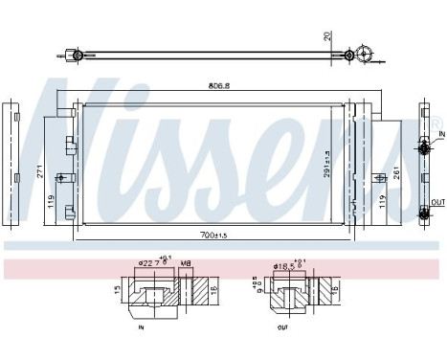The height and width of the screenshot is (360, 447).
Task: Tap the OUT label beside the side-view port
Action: pos(436,202)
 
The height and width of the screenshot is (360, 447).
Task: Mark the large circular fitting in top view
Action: pos(364,56)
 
